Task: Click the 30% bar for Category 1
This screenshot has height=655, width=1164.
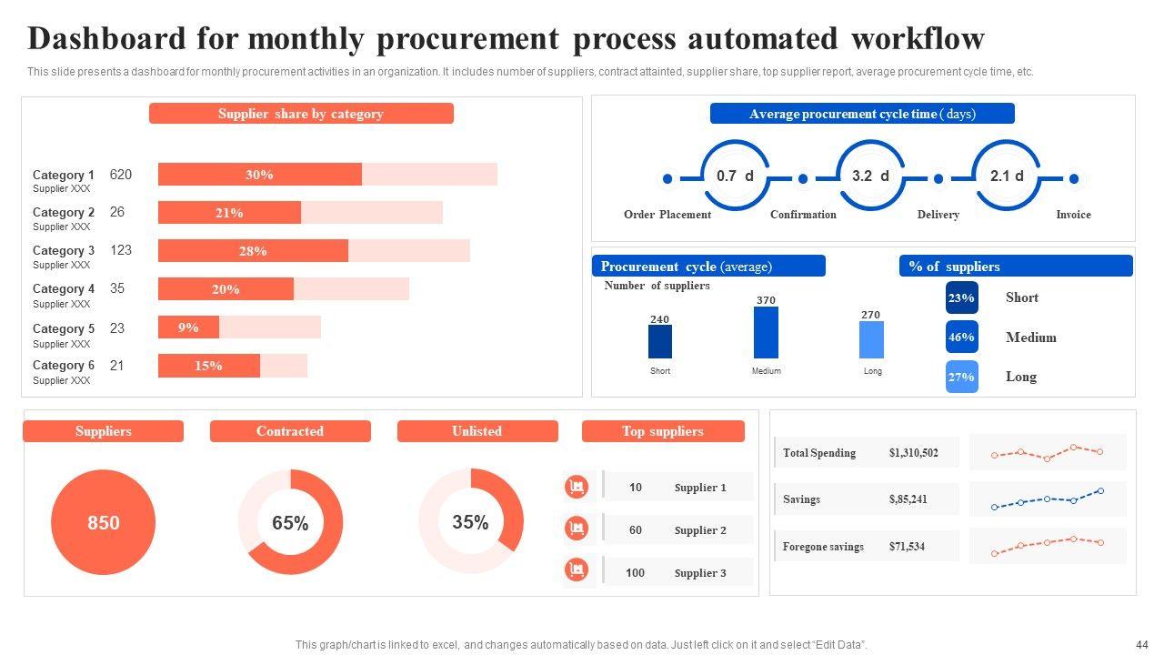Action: pyautogui.click(x=259, y=175)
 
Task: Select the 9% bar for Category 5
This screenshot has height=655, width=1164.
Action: pyautogui.click(x=188, y=327)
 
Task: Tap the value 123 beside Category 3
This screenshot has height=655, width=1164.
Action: pyautogui.click(x=121, y=250)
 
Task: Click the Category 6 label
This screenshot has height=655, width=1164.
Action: pyautogui.click(x=64, y=366)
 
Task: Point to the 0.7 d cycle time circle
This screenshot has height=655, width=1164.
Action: pyautogui.click(x=735, y=176)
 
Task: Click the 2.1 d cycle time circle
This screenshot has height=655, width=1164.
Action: pyautogui.click(x=1007, y=176)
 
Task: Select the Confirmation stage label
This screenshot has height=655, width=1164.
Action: pyautogui.click(x=803, y=215)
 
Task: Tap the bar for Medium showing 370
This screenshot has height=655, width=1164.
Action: pyautogui.click(x=766, y=332)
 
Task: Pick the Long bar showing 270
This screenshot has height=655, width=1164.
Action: pyautogui.click(x=871, y=339)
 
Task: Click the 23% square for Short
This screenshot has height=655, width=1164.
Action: pyautogui.click(x=961, y=297)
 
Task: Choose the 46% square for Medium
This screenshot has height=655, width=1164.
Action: pyautogui.click(x=961, y=338)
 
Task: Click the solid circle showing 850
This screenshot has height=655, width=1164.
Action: pyautogui.click(x=104, y=523)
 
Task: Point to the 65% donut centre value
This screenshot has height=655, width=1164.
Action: pyautogui.click(x=290, y=523)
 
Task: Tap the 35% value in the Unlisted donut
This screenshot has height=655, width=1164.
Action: pyautogui.click(x=470, y=522)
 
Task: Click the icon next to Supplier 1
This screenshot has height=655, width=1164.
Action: pyautogui.click(x=576, y=488)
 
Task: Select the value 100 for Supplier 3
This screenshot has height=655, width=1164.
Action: pyautogui.click(x=635, y=573)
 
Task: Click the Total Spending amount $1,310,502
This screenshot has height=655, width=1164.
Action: pyautogui.click(x=914, y=453)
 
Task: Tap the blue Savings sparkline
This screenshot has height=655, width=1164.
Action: pyautogui.click(x=1047, y=499)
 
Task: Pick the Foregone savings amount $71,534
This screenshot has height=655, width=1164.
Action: pyautogui.click(x=907, y=547)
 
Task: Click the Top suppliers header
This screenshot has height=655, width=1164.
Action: pyautogui.click(x=663, y=431)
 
